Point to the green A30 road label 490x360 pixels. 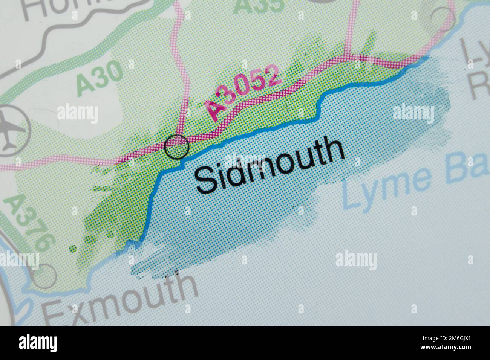100,79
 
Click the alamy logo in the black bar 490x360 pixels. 39,343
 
